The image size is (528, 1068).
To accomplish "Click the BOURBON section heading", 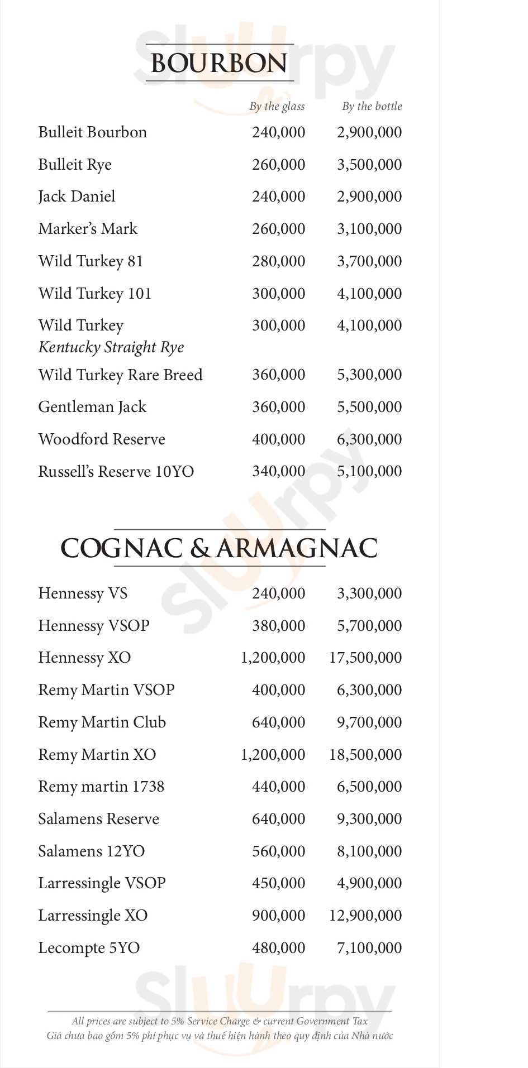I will point(219,63).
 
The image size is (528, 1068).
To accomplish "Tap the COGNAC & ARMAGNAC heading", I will point(219,548).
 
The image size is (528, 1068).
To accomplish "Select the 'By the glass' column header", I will point(277,106).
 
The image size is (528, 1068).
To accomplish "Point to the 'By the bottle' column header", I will point(372,106).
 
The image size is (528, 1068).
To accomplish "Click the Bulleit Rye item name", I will point(75,165).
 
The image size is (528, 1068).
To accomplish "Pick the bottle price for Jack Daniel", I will point(369,197).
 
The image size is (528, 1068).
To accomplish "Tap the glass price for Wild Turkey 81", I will point(278,261).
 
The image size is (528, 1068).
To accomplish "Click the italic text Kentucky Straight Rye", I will point(111,347).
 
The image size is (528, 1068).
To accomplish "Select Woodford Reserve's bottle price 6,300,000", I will point(369,439).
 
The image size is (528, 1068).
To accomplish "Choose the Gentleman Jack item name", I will point(92,407).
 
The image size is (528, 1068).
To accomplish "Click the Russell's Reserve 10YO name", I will point(116,472).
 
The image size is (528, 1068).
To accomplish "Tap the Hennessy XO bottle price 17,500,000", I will point(365,658).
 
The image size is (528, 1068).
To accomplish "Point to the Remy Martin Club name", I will point(102,722).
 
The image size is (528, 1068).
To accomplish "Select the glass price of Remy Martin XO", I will point(273,755).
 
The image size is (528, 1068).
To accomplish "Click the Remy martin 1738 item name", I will point(101,787).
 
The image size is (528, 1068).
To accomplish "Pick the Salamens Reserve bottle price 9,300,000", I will point(369,819).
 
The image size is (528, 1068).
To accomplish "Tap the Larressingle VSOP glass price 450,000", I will point(278,883).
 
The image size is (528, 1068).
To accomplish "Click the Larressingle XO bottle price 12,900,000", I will point(365,916).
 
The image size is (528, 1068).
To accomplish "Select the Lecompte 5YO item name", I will point(89,948).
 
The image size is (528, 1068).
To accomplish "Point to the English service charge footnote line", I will point(220,1021).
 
